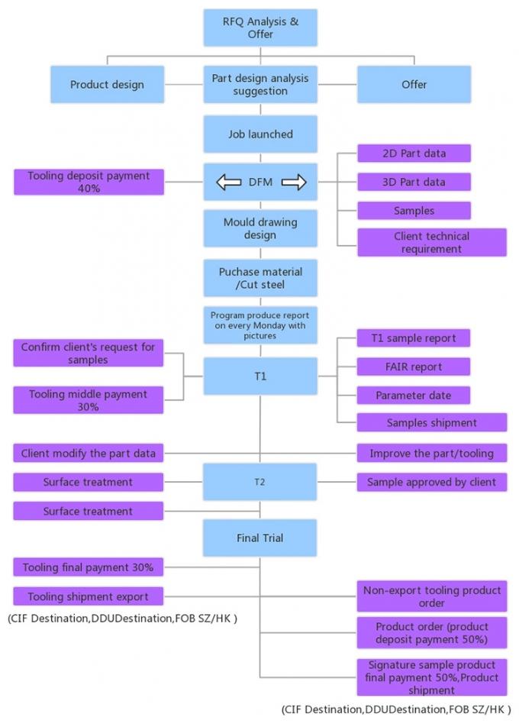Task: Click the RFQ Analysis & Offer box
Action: coord(259,27)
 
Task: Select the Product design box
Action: coord(107,84)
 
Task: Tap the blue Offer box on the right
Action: coord(414,84)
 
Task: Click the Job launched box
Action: coord(259,134)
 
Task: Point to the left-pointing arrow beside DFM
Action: coord(228,182)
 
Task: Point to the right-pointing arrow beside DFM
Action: coord(293,182)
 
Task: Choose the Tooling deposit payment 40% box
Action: coord(89,182)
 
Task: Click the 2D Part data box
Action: coord(414,153)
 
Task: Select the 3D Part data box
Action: coord(414,182)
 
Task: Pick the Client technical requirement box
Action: coord(431,242)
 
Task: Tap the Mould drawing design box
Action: coord(259,228)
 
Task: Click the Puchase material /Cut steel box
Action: coord(259,278)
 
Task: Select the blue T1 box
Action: coord(259,376)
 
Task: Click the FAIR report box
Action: coord(414,367)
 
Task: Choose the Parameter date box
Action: coord(414,396)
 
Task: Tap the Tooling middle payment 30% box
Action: coord(89,400)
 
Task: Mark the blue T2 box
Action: coord(259,482)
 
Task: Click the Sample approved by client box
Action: coord(431,482)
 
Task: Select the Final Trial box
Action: coord(259,538)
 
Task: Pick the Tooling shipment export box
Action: coord(89,596)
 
